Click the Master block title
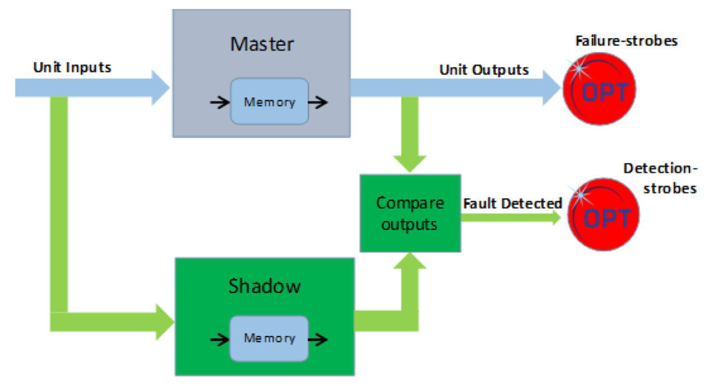[x=262, y=44]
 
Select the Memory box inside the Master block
[x=269, y=102]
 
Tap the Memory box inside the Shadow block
[x=269, y=338]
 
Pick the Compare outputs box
[x=410, y=213]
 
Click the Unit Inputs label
[x=72, y=68]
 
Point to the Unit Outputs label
[x=484, y=70]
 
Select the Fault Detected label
[x=512, y=203]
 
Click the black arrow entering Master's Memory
[x=219, y=102]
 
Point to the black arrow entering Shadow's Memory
[x=219, y=339]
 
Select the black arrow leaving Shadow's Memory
[x=318, y=339]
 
